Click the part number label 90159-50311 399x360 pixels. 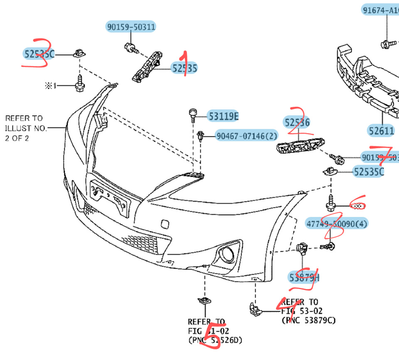pyautogui.click(x=131, y=27)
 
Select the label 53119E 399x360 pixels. pyautogui.click(x=223, y=117)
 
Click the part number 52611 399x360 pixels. pyautogui.click(x=381, y=131)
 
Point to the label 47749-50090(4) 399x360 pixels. pyautogui.click(x=337, y=224)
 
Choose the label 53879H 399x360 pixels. pyautogui.click(x=304, y=277)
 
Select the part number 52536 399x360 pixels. pyautogui.click(x=297, y=122)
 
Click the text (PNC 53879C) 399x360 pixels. pyautogui.click(x=308, y=320)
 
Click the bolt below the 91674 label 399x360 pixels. pyautogui.click(x=384, y=43)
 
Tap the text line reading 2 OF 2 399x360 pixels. pyautogui.click(x=17, y=138)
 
